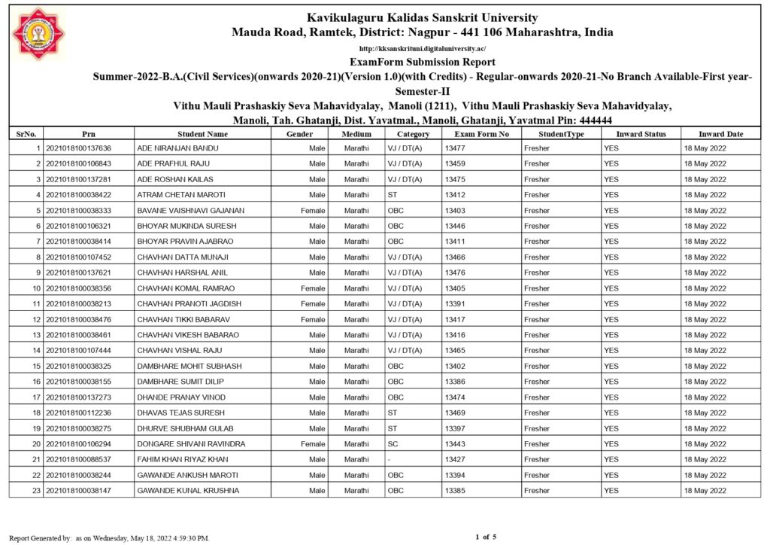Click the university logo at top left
pyautogui.click(x=39, y=34)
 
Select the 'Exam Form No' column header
pyautogui.click(x=481, y=134)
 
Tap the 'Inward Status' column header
pyautogui.click(x=641, y=134)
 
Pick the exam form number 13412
pyautogui.click(x=455, y=195)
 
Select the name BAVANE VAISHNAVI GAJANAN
pyautogui.click(x=190, y=211)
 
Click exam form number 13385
pyautogui.click(x=455, y=491)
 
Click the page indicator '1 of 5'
pyautogui.click(x=486, y=537)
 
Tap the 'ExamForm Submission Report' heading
pyautogui.click(x=422, y=62)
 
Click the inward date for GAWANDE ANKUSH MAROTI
pyautogui.click(x=705, y=476)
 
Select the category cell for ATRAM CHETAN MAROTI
pyautogui.click(x=393, y=195)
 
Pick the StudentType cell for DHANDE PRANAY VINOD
pyautogui.click(x=537, y=397)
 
